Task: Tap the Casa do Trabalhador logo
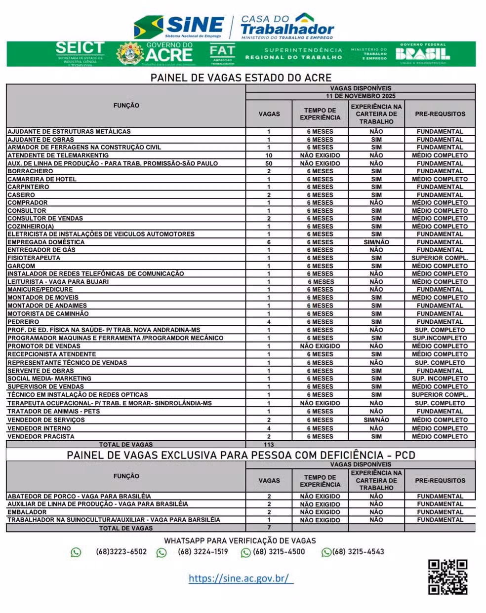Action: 287,27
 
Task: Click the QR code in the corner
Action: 447,576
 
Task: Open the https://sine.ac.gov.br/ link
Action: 241,578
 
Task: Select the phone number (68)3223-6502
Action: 121,552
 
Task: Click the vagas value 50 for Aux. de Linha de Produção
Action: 269,163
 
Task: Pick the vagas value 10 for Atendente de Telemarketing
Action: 269,155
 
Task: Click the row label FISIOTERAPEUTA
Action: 34,258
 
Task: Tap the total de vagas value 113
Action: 269,445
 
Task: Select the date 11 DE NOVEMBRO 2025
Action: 361,96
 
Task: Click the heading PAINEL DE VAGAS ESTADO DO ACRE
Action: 241,78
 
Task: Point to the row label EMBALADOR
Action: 27,512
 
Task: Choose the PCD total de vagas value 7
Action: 269,528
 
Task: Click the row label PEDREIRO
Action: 23,322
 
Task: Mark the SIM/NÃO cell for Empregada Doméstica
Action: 376,242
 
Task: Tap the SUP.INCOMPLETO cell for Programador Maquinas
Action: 440,338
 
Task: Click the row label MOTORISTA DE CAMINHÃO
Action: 48,314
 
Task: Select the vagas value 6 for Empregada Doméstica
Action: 269,242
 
